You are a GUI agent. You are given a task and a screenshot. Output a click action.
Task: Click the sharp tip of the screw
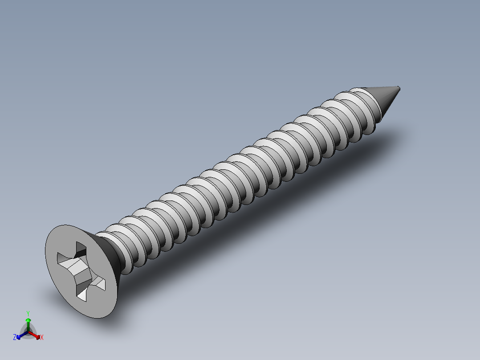[x=399, y=87]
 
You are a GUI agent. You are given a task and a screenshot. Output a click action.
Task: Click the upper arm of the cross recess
[x=81, y=249]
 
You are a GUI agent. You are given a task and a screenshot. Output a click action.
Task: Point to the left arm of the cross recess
[x=62, y=258]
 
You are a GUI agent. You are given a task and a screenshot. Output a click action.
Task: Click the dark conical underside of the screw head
[x=110, y=254]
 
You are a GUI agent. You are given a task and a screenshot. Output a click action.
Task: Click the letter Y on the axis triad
[x=28, y=313]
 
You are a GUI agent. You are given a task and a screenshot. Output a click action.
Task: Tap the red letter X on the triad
[x=41, y=338]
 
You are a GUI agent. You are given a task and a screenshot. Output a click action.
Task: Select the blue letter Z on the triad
[x=15, y=338]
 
